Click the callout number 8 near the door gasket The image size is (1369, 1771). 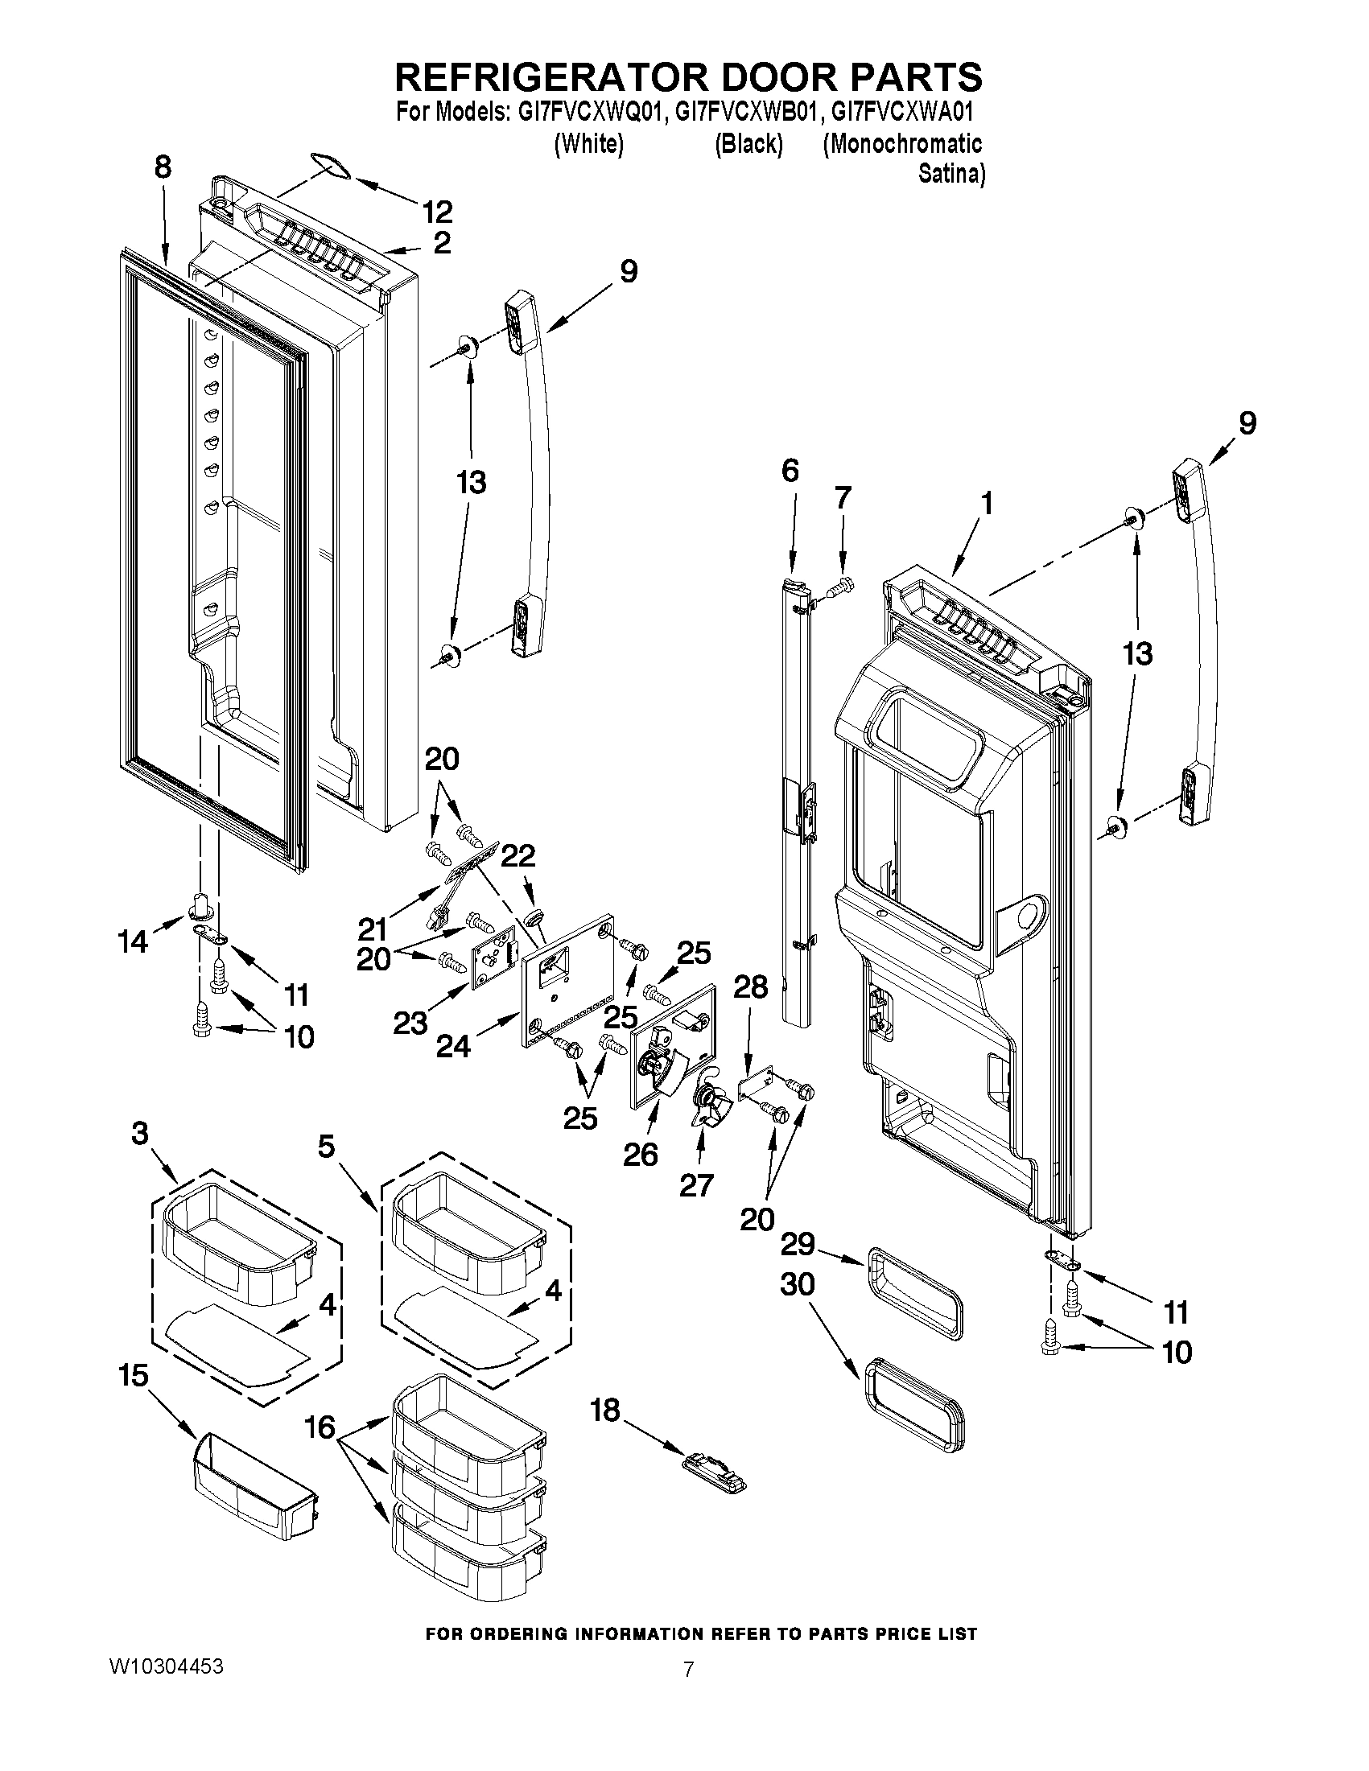click(x=163, y=168)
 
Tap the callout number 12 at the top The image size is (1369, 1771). click(x=436, y=212)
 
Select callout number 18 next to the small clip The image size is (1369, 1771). click(x=605, y=1411)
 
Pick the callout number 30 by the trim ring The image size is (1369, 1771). click(x=797, y=1284)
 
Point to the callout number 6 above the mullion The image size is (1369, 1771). click(x=790, y=471)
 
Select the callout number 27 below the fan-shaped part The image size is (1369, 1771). click(x=695, y=1184)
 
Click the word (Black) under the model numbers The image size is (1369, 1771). click(x=748, y=144)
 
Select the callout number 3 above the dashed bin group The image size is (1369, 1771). click(x=139, y=1133)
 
